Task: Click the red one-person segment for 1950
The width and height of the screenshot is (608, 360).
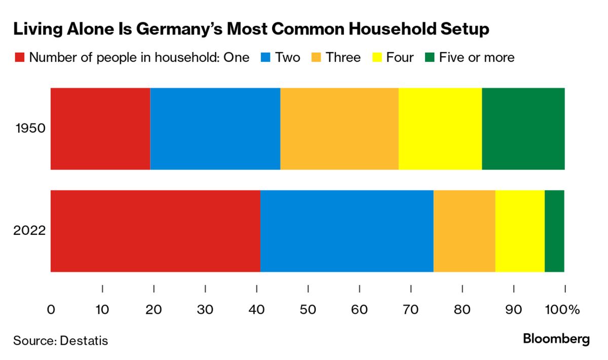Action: tap(100, 129)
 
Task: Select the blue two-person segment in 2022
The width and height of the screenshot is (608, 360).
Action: tap(347, 231)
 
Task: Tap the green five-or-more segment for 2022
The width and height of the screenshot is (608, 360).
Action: tap(554, 231)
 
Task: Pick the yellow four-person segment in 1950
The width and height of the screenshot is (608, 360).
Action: tap(440, 129)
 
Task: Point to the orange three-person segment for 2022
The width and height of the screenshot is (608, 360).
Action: tap(464, 231)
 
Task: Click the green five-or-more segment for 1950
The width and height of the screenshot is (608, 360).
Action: tap(523, 129)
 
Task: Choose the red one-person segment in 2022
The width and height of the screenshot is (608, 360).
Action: tap(155, 231)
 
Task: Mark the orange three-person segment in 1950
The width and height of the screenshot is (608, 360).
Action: tap(339, 129)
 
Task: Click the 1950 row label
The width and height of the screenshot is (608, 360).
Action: tap(31, 129)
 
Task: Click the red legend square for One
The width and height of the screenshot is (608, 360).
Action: tap(19, 57)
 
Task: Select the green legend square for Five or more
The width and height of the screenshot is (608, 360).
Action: tap(429, 57)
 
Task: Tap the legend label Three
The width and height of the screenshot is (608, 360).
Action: tap(343, 57)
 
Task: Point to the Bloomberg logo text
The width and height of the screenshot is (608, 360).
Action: tap(556, 339)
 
